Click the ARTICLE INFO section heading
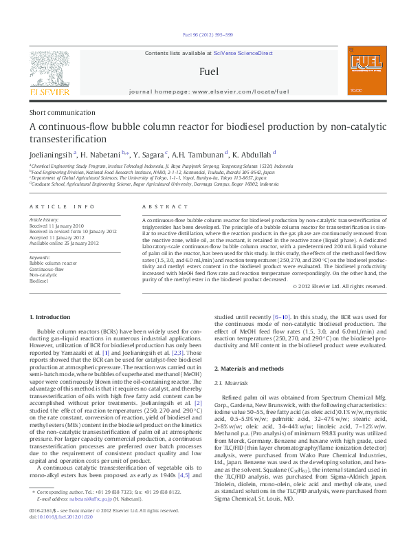(61, 206)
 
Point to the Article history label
(44, 219)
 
